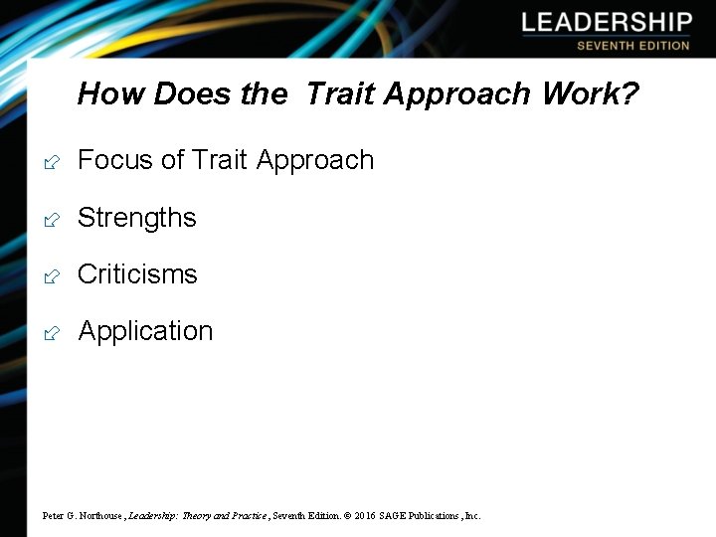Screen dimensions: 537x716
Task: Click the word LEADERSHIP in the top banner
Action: click(x=606, y=23)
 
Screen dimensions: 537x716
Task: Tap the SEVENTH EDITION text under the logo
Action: click(x=632, y=46)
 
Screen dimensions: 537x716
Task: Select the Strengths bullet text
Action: click(x=137, y=218)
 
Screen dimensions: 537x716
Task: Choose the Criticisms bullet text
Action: click(x=137, y=274)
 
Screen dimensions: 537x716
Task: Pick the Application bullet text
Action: click(x=145, y=331)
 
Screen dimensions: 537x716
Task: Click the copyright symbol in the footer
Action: click(x=346, y=516)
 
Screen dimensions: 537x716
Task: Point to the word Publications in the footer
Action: click(x=433, y=516)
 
